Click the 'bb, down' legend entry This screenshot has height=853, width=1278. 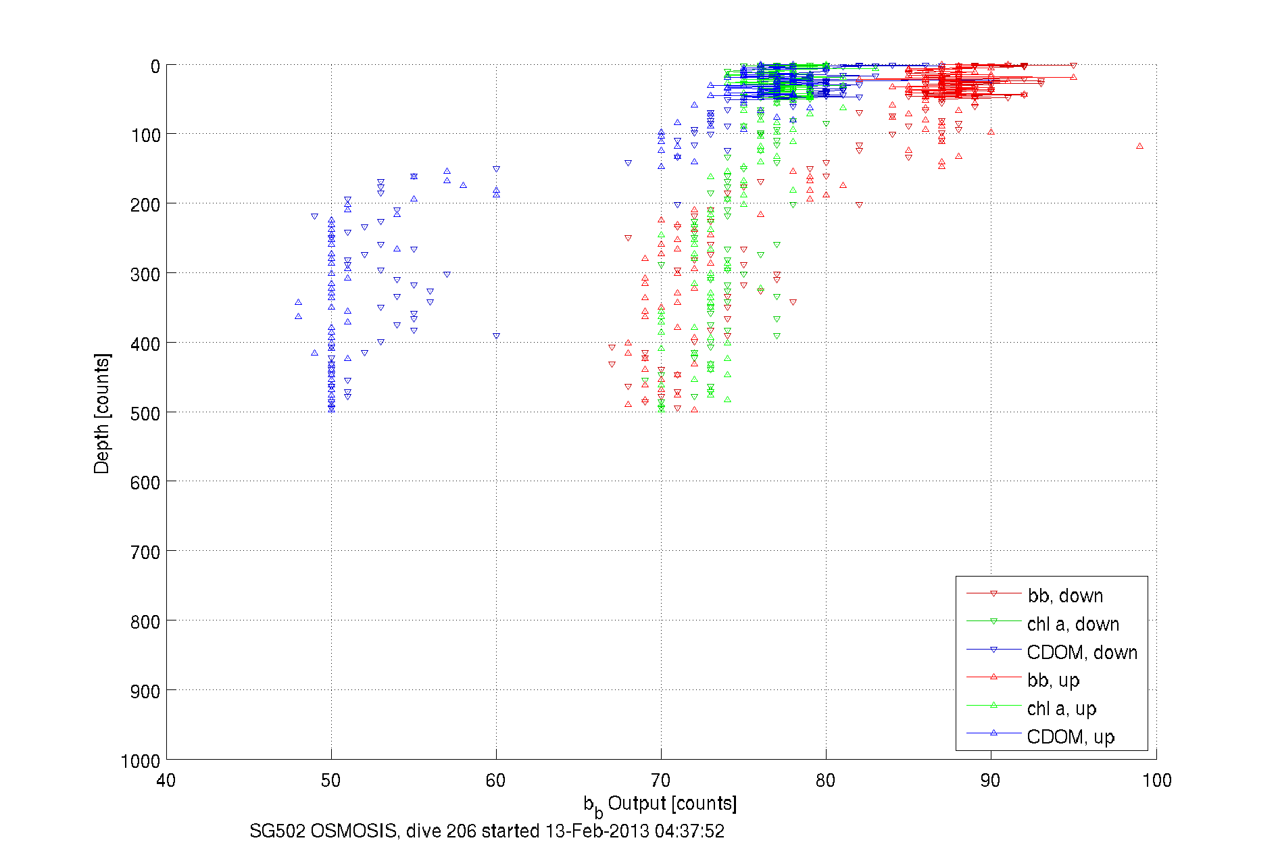tap(1065, 595)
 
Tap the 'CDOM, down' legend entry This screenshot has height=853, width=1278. tap(1081, 652)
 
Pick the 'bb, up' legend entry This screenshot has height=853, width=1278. tap(1053, 680)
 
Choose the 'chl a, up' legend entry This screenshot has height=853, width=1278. tap(1061, 708)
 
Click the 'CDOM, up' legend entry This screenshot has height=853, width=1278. tap(1070, 737)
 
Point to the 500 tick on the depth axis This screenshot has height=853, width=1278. tap(145, 413)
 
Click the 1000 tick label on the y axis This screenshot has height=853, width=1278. tap(141, 761)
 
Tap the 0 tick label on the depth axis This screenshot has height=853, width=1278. tap(155, 66)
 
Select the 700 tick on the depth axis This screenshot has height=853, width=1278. tap(145, 552)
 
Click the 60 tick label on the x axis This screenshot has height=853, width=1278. tap(495, 781)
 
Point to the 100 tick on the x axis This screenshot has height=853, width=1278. tap(1156, 781)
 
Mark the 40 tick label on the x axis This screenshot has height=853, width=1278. tap(166, 781)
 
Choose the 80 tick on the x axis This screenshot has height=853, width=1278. tap(825, 781)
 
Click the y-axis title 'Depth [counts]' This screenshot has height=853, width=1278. tap(102, 413)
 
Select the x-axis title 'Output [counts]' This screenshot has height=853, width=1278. tap(672, 803)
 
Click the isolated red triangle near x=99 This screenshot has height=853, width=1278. tap(1139, 146)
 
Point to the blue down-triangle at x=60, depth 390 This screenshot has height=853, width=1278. tap(496, 336)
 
